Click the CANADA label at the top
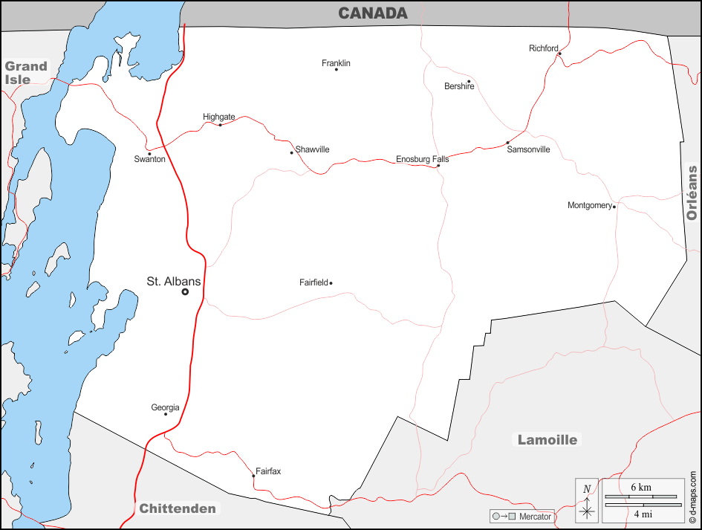point(373,13)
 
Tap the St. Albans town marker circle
point(185,292)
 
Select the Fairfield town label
point(313,282)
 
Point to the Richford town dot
point(559,54)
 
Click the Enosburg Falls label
point(422,159)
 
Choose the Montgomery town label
point(590,205)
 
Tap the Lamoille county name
point(547,440)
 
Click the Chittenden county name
point(178,509)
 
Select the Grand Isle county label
point(26,73)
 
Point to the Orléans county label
point(692,193)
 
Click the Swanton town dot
point(149,154)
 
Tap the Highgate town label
point(219,117)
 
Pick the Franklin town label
point(336,63)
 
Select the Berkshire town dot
point(469,81)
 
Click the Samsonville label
point(528,149)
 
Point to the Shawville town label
point(312,149)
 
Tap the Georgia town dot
point(166,414)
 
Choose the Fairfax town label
point(268,471)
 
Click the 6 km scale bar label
point(641,487)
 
